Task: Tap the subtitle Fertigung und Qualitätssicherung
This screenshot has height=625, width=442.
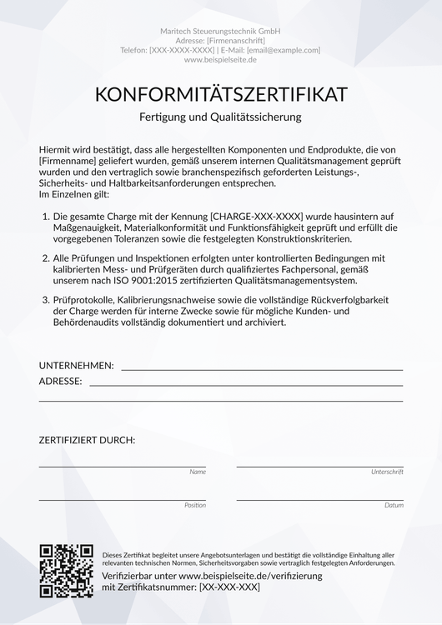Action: (220, 117)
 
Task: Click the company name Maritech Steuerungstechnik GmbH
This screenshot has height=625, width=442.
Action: (220, 31)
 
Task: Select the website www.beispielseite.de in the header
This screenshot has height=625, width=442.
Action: (220, 60)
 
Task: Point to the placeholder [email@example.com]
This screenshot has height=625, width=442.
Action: (284, 50)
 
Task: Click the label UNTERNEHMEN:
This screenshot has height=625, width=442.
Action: (76, 365)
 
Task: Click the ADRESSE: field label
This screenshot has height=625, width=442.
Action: (60, 381)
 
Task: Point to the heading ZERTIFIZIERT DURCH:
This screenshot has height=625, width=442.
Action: (87, 439)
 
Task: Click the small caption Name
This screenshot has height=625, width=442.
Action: (198, 472)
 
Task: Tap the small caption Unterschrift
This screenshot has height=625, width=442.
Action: (387, 472)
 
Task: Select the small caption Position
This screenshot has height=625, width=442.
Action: (194, 505)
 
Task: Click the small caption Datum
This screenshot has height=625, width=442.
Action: (394, 505)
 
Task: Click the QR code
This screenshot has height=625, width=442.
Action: (66, 571)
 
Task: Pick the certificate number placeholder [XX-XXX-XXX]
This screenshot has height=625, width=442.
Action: (229, 587)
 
